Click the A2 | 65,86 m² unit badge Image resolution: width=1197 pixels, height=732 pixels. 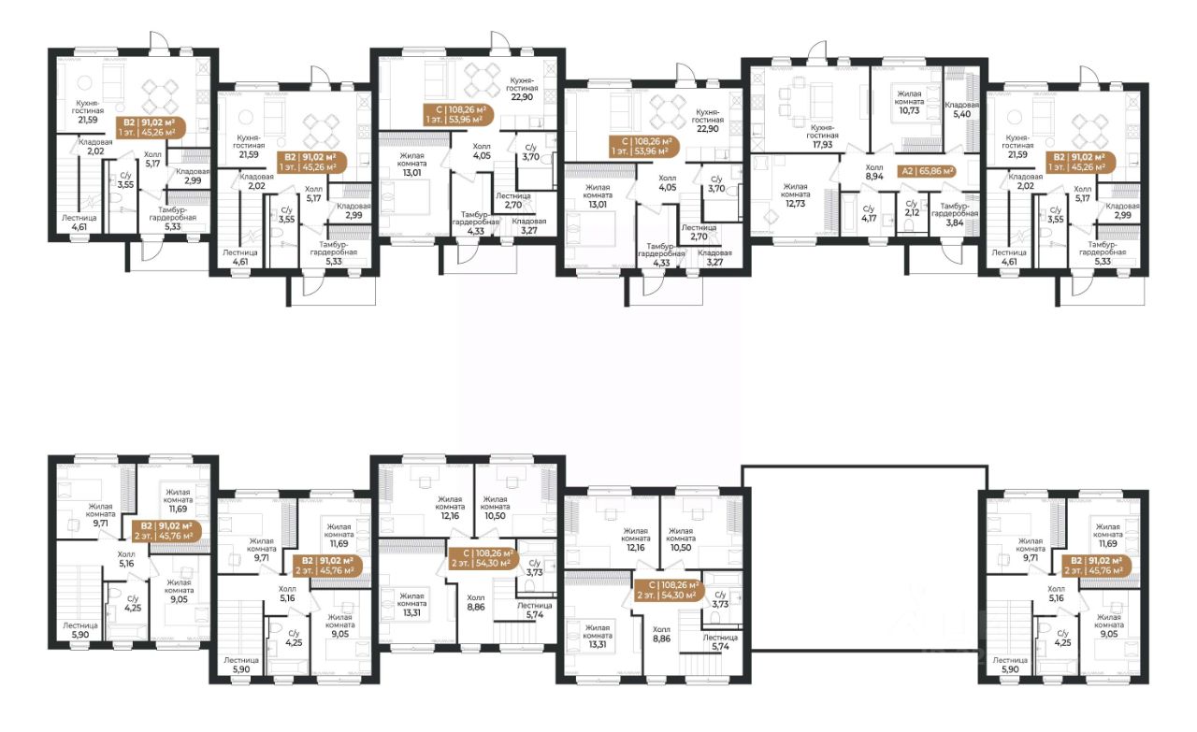(927, 171)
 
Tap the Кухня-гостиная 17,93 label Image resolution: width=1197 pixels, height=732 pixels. (822, 136)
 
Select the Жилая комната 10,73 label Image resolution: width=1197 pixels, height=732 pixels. (910, 102)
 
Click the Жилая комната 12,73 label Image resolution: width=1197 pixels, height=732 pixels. (795, 195)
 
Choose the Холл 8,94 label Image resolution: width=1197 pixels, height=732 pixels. (874, 171)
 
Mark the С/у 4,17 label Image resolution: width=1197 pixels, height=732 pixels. (869, 213)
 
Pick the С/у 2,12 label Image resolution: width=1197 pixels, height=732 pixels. (912, 208)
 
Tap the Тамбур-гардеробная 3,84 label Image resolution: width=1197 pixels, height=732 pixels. (955, 214)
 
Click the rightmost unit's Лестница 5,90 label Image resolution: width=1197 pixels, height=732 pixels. (1010, 665)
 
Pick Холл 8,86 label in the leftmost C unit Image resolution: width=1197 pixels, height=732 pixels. (476, 602)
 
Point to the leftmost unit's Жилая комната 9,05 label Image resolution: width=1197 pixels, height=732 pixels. (179, 591)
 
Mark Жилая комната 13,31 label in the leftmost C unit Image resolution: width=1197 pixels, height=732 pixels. (411, 604)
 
